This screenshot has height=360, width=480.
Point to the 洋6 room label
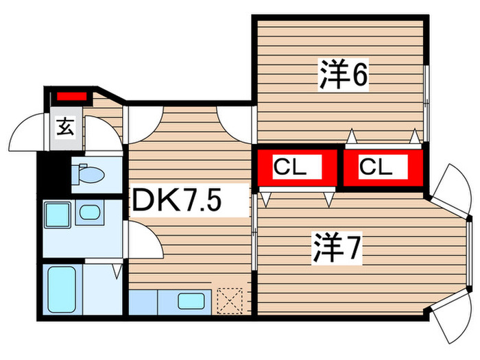343,74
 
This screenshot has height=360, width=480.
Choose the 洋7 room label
336,248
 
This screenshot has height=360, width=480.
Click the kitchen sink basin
191,300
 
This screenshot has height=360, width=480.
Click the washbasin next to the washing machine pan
89,212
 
